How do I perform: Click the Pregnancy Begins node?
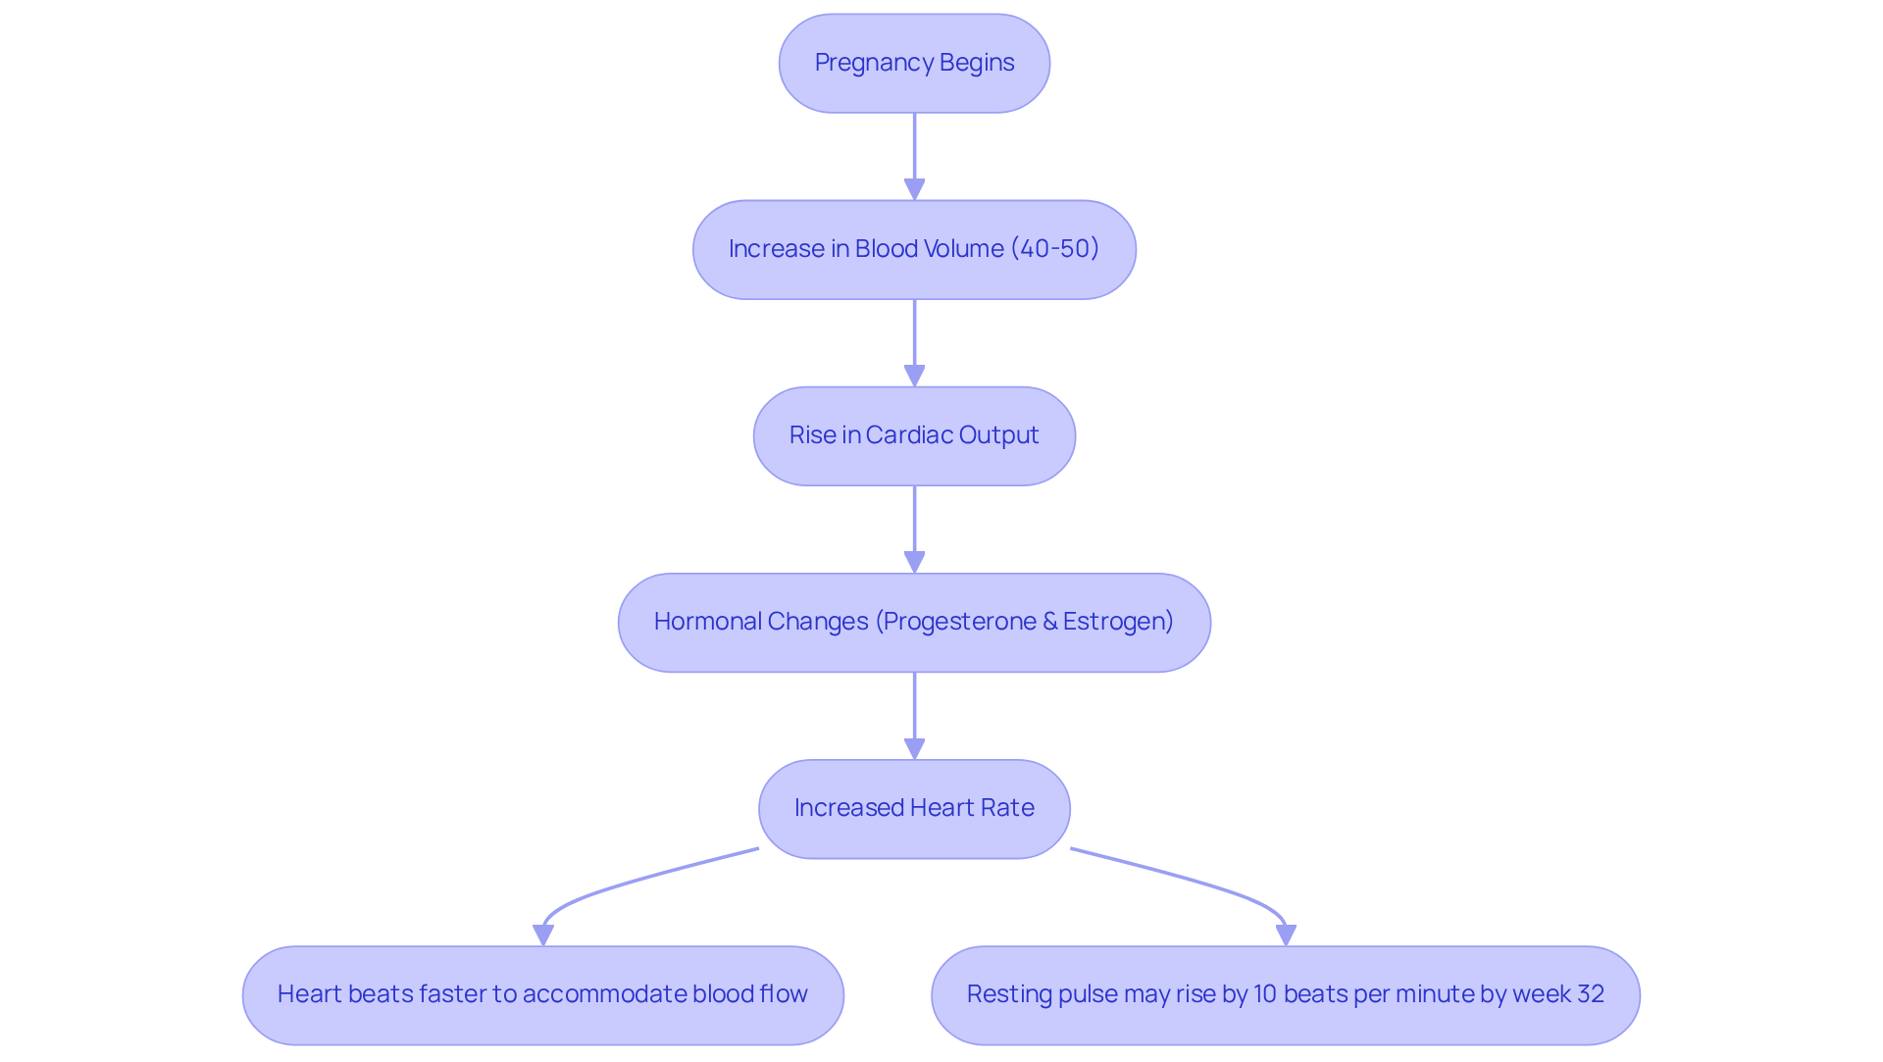tap(914, 63)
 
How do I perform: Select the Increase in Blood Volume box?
tap(914, 249)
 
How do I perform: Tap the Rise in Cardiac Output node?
tap(914, 435)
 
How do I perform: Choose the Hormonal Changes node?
tap(914, 622)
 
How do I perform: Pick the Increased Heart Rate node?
tap(914, 808)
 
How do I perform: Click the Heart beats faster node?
tap(542, 994)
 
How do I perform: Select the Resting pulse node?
tap(1285, 994)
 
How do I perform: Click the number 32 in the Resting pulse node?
tap(1589, 994)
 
